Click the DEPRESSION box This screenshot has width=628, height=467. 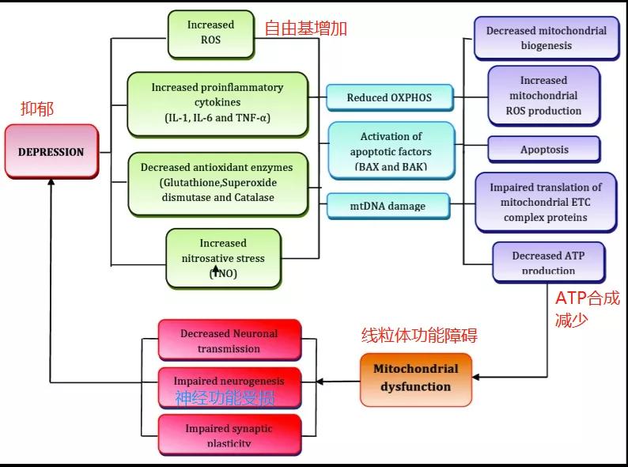(x=51, y=151)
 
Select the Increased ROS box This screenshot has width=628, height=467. (x=210, y=32)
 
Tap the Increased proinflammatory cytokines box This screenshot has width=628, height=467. (x=217, y=103)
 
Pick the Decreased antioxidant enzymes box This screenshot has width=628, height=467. (x=217, y=183)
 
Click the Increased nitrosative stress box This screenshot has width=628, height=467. (x=223, y=258)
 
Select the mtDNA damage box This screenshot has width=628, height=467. (x=388, y=206)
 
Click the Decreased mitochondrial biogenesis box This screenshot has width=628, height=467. (x=547, y=38)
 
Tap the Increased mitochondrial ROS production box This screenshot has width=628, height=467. (x=543, y=96)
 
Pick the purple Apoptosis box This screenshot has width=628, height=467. (x=543, y=149)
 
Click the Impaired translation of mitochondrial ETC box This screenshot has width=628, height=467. (x=546, y=203)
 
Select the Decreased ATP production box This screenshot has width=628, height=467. (x=548, y=262)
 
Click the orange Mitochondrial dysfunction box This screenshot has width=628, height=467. (x=415, y=378)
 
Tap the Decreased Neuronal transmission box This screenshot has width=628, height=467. (x=229, y=340)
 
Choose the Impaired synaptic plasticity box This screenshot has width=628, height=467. (x=229, y=434)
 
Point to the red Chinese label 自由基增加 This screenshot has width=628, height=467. (x=305, y=29)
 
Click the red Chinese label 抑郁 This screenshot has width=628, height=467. (x=37, y=109)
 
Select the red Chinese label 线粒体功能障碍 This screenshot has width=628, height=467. (x=419, y=335)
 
